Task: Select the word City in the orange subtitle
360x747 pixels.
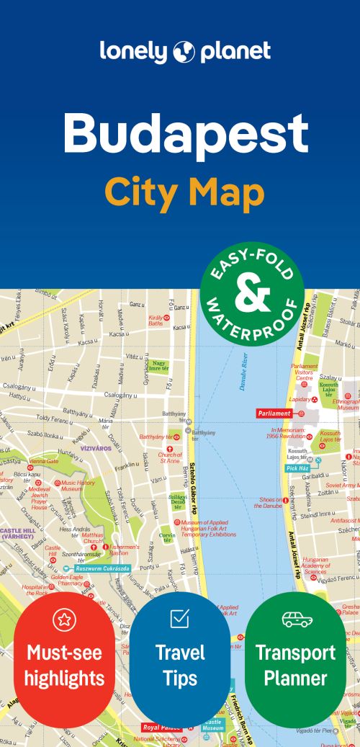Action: tap(143, 192)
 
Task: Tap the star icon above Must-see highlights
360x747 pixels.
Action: tap(64, 619)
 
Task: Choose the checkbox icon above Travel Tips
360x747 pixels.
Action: tap(179, 618)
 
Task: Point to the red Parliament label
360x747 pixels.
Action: tap(274, 413)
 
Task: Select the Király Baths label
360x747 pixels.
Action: tap(156, 320)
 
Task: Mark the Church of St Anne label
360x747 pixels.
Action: tap(170, 458)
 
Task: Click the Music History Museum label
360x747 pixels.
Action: tap(78, 486)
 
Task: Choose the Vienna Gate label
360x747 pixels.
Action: tap(44, 461)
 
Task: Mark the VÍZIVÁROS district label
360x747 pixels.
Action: tap(94, 447)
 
